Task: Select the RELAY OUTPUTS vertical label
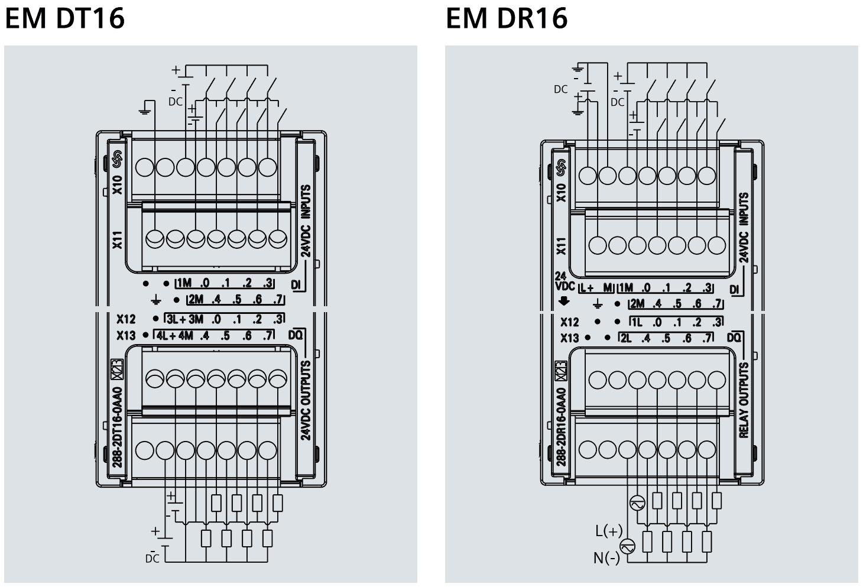744,400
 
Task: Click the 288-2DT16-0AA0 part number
117,426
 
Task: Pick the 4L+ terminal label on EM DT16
166,336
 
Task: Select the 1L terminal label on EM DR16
636,323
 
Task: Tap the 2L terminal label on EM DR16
625,339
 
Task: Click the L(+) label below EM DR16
608,531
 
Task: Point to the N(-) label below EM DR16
606,557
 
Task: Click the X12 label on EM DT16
125,319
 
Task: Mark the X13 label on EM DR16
569,338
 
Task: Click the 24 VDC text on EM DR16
564,281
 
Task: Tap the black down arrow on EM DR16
564,301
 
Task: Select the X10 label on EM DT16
118,184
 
